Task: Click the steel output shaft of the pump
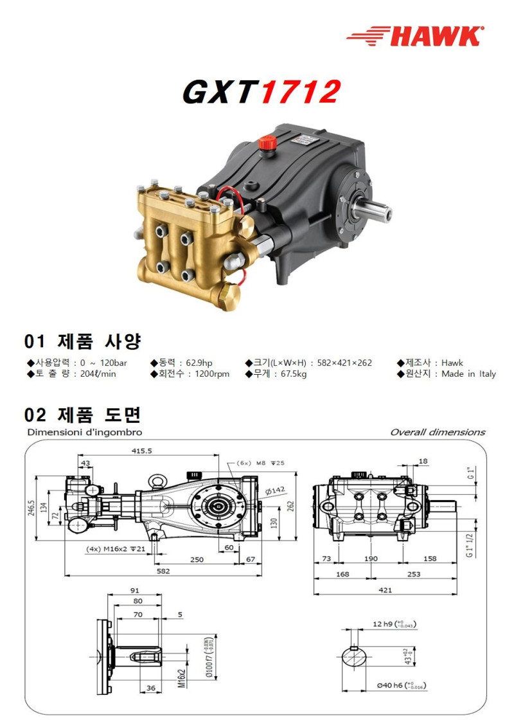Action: click(x=376, y=210)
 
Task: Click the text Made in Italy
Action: click(x=468, y=374)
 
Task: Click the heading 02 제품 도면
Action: click(x=82, y=413)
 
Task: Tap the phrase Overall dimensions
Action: click(x=438, y=432)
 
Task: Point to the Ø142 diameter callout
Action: click(x=275, y=491)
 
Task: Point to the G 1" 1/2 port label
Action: click(x=470, y=544)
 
